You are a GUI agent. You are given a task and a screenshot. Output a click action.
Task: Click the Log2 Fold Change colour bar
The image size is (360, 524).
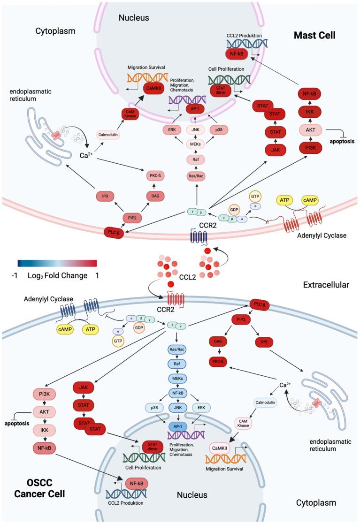tap(57, 264)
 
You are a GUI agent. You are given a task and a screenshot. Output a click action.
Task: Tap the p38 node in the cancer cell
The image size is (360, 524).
tap(154, 408)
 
